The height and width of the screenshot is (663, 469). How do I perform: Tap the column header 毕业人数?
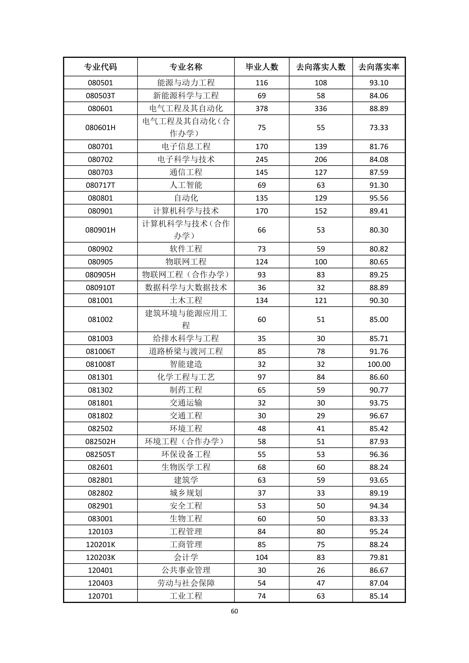pyautogui.click(x=262, y=67)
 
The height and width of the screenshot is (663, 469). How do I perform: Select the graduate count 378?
pyautogui.click(x=262, y=109)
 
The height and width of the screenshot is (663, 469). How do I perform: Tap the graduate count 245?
pyautogui.click(x=262, y=159)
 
